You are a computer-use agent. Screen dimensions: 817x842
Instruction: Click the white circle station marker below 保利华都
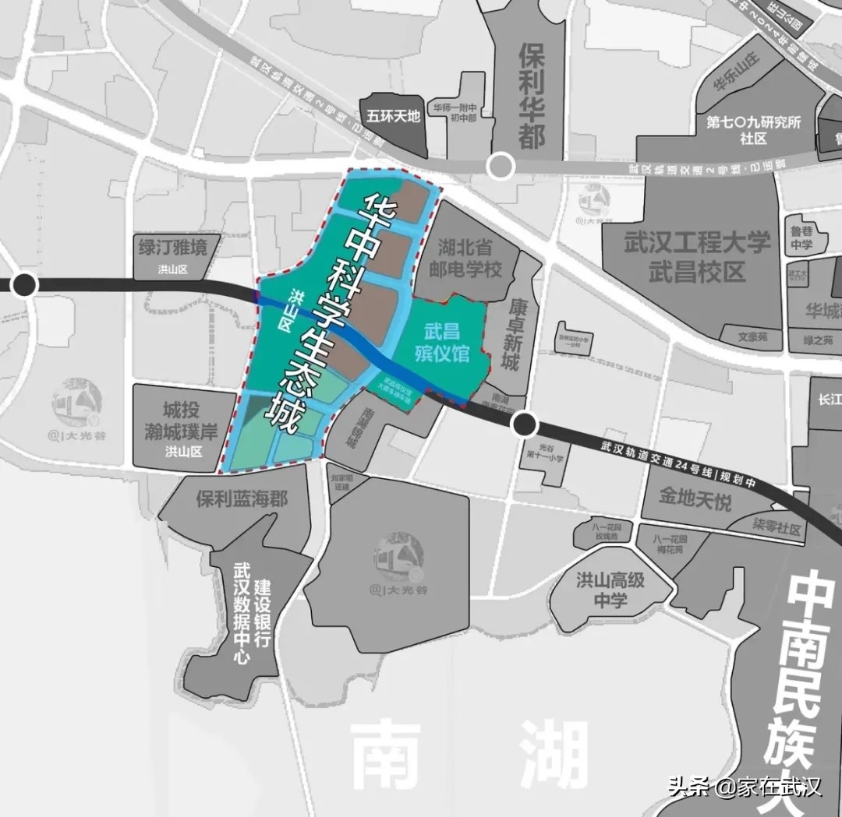(x=501, y=166)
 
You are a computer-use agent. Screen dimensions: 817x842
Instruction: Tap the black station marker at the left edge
(x=25, y=285)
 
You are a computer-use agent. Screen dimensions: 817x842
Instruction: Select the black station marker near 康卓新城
(x=525, y=424)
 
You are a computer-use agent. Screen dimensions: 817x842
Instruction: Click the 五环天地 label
(x=394, y=116)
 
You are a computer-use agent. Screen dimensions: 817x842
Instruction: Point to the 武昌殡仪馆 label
(x=442, y=342)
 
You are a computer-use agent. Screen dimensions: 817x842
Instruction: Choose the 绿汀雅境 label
(x=173, y=248)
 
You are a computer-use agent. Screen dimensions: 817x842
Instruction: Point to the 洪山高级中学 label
(x=610, y=590)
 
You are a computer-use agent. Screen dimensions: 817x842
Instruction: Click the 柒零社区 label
(x=777, y=530)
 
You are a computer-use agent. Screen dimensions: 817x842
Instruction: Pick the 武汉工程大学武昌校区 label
(x=697, y=256)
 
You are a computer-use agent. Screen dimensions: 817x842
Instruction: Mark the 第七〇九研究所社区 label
(x=753, y=130)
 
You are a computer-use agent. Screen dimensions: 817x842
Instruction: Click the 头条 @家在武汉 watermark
(x=745, y=786)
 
